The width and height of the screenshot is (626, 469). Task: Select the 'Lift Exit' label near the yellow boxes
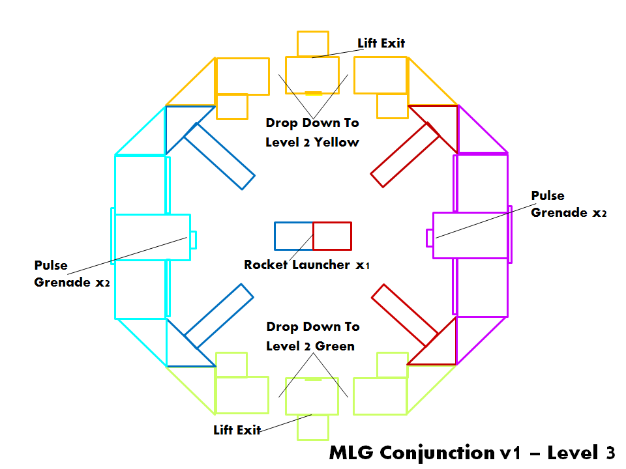(381, 44)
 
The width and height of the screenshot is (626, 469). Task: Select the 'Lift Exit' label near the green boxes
(237, 430)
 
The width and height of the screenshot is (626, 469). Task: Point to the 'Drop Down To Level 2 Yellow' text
(312, 132)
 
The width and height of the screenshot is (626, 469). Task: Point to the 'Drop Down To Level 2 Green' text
(312, 336)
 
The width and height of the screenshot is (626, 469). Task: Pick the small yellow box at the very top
(312, 43)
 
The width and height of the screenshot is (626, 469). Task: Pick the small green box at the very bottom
(312, 427)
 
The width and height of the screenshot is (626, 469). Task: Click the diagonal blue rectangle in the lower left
(219, 315)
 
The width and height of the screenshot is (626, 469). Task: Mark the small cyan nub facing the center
(193, 239)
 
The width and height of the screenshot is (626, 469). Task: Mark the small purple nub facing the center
(429, 238)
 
